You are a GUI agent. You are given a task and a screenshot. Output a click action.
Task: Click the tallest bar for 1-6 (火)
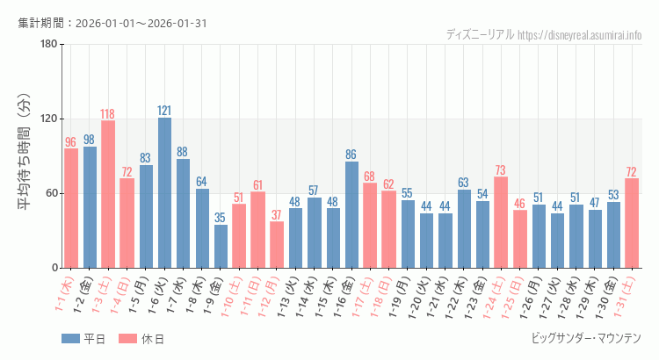point(164,192)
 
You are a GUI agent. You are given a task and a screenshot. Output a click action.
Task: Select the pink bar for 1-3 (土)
point(108,194)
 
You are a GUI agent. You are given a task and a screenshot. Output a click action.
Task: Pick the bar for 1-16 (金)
point(351,214)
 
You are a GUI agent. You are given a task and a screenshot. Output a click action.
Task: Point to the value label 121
point(164,111)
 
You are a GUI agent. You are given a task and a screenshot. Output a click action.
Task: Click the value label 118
point(108,114)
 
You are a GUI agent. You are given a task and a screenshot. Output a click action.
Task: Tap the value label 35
point(221,218)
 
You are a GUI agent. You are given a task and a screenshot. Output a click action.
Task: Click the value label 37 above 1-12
point(277,215)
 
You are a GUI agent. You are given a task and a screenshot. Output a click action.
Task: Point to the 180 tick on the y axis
point(48,45)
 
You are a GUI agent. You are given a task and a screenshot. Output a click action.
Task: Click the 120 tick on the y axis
point(48,119)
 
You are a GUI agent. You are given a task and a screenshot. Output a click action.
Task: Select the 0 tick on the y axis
point(54,268)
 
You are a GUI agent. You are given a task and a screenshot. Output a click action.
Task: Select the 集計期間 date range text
point(112,23)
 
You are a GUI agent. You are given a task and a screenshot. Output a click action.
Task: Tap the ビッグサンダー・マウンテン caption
point(586,338)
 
